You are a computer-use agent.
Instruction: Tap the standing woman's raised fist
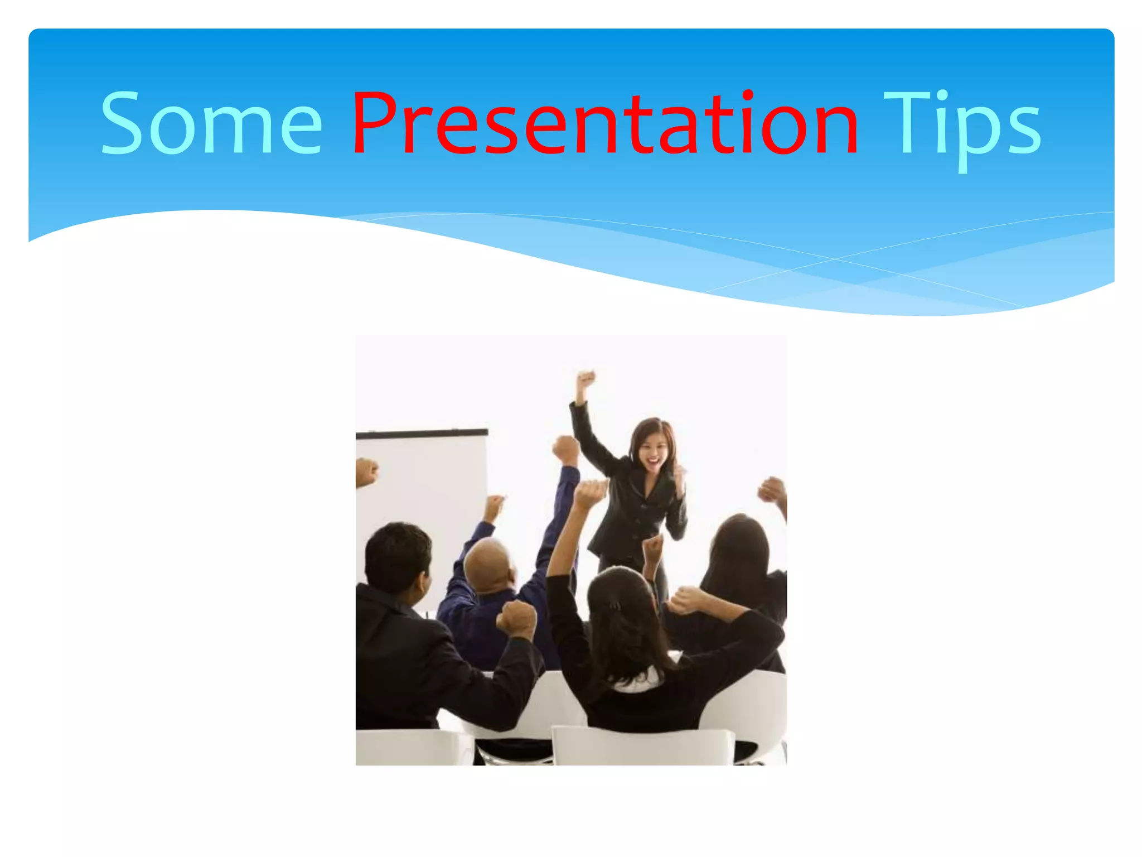pyautogui.click(x=585, y=380)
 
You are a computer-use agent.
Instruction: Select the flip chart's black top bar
pyautogui.click(x=422, y=433)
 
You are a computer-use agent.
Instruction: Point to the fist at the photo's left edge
pyautogui.click(x=366, y=472)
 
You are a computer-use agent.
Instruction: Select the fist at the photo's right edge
pyautogui.click(x=772, y=490)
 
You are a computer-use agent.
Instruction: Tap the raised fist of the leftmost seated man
pyautogui.click(x=516, y=619)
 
